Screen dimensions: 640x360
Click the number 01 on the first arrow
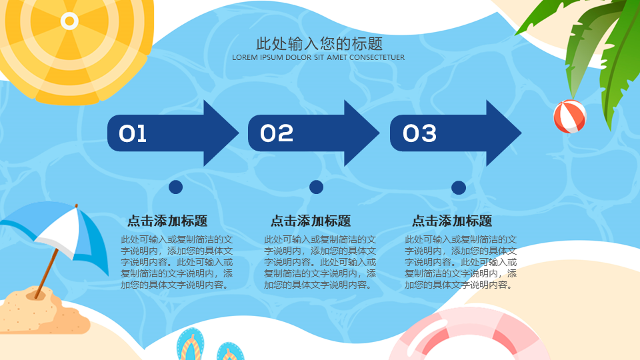pyautogui.click(x=133, y=133)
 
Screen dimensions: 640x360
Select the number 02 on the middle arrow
pyautogui.click(x=277, y=133)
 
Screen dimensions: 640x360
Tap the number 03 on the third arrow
pyautogui.click(x=419, y=133)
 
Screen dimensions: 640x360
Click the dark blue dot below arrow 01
pyautogui.click(x=175, y=187)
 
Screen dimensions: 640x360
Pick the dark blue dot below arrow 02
pyautogui.click(x=316, y=187)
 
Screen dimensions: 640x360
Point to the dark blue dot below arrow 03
pyautogui.click(x=459, y=187)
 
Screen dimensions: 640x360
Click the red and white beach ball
pyautogui.click(x=570, y=117)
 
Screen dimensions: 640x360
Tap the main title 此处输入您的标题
pyautogui.click(x=319, y=44)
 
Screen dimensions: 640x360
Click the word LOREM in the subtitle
pyautogui.click(x=245, y=57)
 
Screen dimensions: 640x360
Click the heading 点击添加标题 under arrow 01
pyautogui.click(x=167, y=221)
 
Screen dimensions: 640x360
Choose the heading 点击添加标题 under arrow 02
pyautogui.click(x=311, y=221)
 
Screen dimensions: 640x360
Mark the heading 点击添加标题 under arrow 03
pyautogui.click(x=452, y=221)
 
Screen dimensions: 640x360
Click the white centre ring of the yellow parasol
pyautogui.click(x=69, y=21)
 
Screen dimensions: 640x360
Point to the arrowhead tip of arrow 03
pyautogui.click(x=521, y=133)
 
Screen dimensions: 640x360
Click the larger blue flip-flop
pyautogui.click(x=191, y=345)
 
